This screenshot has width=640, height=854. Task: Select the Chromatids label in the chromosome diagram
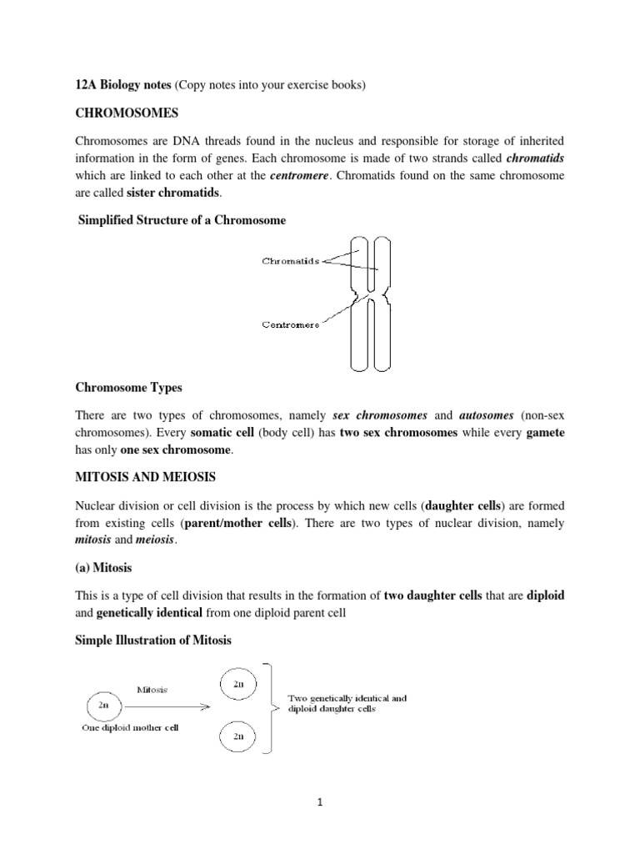tap(291, 260)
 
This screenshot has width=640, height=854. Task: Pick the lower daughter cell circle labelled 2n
tap(237, 736)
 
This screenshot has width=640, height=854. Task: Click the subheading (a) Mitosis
tap(103, 567)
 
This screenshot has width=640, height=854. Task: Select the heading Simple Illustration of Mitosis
tap(153, 640)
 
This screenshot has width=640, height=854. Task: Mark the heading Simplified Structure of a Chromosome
tap(182, 220)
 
